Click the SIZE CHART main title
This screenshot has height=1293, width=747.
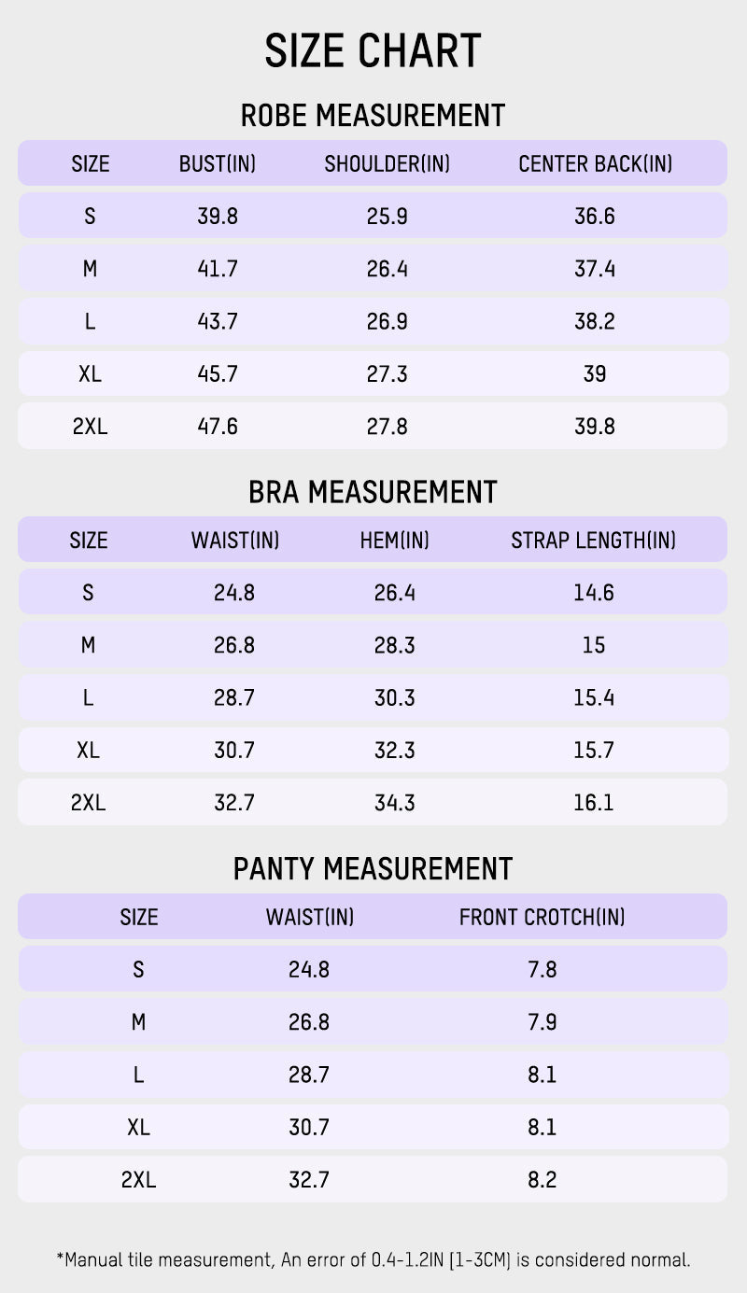[373, 51]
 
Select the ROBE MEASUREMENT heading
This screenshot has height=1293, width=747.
[373, 116]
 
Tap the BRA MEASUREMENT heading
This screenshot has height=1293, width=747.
[373, 492]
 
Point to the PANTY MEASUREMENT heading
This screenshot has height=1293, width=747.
[373, 868]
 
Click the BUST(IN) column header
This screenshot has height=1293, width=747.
[218, 164]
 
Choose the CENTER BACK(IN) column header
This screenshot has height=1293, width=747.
[595, 164]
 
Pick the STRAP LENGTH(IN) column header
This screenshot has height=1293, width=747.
[593, 541]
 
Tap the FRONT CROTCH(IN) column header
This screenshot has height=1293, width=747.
[542, 917]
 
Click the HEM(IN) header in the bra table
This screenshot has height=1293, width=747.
[394, 541]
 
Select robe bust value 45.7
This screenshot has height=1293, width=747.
[218, 374]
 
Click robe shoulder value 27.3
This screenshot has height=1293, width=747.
[387, 374]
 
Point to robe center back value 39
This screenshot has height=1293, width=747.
[594, 374]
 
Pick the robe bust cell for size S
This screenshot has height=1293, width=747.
[218, 217]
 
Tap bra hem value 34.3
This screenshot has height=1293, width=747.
[394, 803]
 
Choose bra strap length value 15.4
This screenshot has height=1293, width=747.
[594, 697]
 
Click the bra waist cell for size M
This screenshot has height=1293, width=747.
[234, 645]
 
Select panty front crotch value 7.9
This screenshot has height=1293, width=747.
[542, 1022]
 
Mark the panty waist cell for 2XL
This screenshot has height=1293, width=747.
[309, 1180]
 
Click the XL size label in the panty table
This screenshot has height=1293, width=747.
[138, 1128]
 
